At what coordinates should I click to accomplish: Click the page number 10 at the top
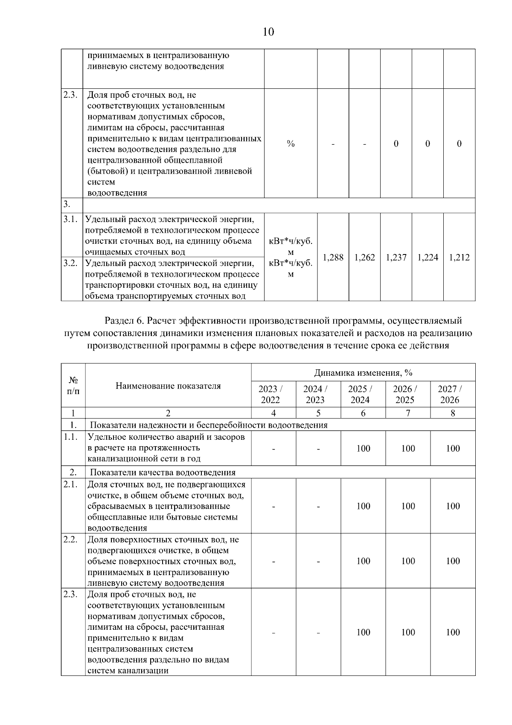(268, 32)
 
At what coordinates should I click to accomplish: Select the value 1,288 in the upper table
(333, 257)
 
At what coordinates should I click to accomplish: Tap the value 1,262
(365, 257)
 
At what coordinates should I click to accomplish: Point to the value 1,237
(396, 257)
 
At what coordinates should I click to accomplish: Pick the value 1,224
(428, 257)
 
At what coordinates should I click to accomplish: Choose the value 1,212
(460, 257)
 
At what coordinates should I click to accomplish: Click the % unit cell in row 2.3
(291, 144)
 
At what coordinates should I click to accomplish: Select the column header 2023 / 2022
(271, 394)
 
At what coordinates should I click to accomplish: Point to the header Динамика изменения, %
(363, 373)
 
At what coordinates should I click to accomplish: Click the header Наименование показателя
(168, 386)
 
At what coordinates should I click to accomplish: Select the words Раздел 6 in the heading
(123, 321)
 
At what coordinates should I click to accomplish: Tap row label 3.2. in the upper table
(70, 263)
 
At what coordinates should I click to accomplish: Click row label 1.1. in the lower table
(71, 437)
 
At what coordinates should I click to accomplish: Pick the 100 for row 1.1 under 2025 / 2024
(363, 448)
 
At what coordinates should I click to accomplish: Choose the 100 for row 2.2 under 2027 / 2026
(453, 561)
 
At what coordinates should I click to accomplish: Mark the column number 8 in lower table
(453, 413)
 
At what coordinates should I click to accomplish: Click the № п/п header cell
(73, 386)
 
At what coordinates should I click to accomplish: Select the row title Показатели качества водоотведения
(163, 472)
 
